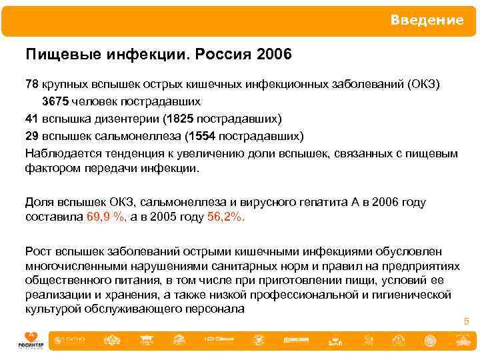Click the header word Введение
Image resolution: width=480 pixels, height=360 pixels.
point(427,21)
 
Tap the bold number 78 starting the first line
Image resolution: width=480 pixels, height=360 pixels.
point(31,85)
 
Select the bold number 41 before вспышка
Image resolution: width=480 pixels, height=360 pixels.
point(31,119)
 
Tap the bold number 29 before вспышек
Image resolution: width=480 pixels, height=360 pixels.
point(31,136)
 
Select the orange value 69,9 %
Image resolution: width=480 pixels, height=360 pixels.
point(106,217)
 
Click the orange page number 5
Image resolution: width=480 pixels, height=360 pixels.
point(467,322)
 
